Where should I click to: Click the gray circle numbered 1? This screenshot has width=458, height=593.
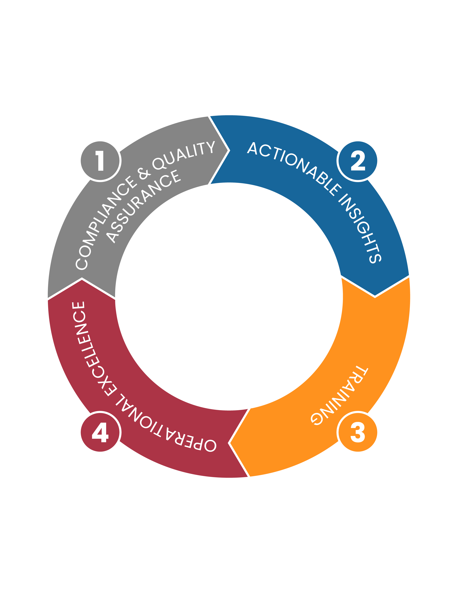100,161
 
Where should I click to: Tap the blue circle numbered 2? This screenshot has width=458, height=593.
358,161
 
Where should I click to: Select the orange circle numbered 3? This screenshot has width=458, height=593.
358,432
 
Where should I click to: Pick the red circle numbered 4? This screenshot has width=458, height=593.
100,432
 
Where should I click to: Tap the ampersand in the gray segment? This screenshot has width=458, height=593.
144,174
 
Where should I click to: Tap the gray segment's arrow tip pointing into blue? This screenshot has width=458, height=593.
230,150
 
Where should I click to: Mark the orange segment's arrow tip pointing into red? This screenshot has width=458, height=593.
228,443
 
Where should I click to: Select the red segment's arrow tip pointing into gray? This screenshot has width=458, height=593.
82,279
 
